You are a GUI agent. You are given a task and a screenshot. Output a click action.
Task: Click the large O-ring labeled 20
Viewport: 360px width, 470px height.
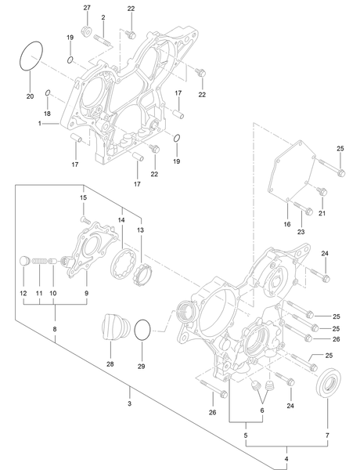pyautogui.click(x=20, y=53)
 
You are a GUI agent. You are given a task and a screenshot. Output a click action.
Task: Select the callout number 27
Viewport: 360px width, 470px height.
pyautogui.click(x=87, y=8)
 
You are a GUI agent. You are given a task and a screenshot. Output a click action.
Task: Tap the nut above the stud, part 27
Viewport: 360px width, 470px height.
pyautogui.click(x=86, y=31)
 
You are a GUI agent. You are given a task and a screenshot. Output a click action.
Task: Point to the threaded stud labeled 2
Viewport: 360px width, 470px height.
pyautogui.click(x=103, y=41)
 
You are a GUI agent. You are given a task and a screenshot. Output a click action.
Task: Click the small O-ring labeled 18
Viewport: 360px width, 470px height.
pyautogui.click(x=48, y=93)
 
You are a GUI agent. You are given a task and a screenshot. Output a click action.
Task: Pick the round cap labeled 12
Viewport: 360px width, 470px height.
pyautogui.click(x=24, y=261)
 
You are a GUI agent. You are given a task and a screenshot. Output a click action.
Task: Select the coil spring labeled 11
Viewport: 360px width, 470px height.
pyautogui.click(x=39, y=262)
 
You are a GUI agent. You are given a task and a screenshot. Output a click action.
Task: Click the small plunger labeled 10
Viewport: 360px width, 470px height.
pyautogui.click(x=52, y=261)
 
